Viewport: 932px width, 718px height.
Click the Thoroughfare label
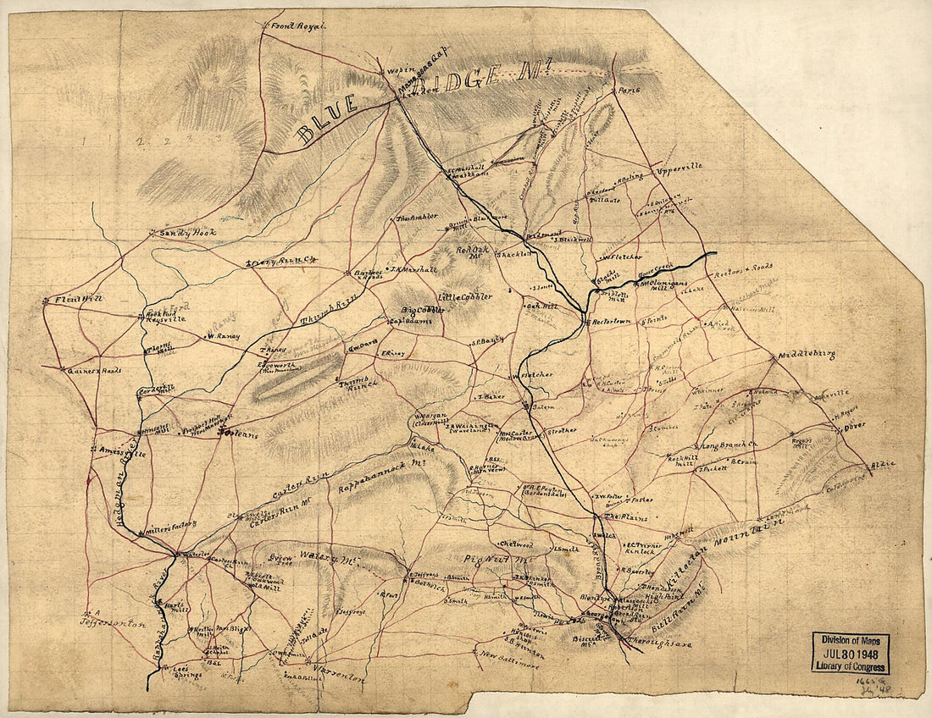click(x=661, y=644)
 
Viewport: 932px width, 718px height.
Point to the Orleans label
click(x=233, y=432)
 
